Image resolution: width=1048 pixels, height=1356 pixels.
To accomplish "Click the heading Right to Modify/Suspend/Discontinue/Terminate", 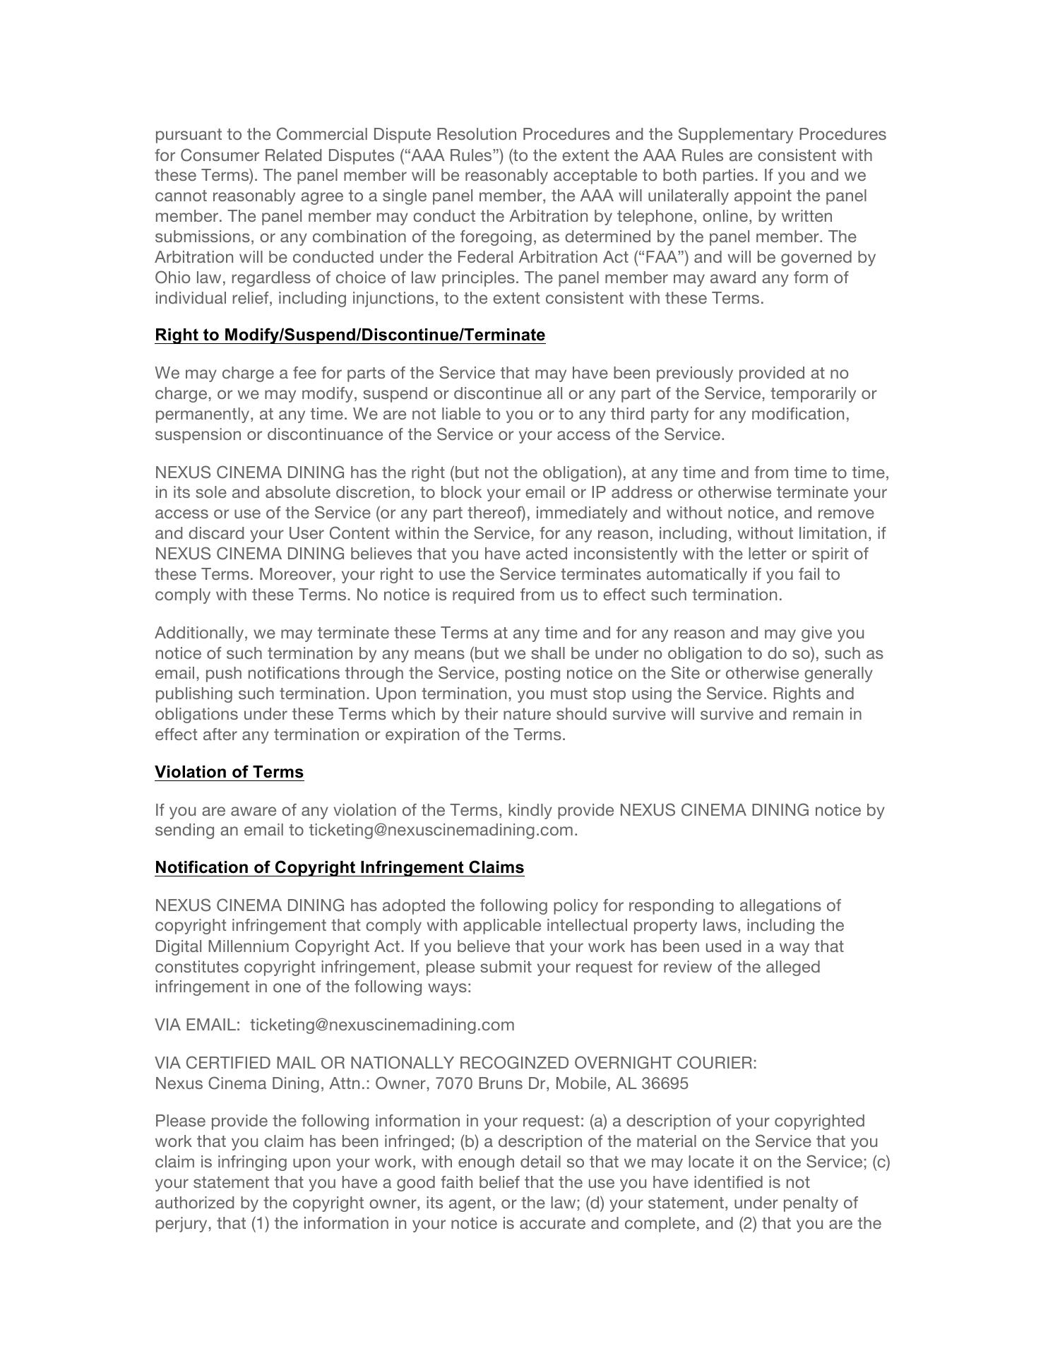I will pyautogui.click(x=350, y=335).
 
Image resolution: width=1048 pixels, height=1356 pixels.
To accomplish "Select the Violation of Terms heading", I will pyautogui.click(x=229, y=772).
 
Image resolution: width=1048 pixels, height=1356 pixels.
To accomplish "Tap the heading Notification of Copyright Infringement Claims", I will pyautogui.click(x=339, y=867).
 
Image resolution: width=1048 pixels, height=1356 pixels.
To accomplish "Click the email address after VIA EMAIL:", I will pyautogui.click(x=382, y=1025).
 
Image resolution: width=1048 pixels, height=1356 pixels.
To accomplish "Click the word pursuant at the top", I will pyautogui.click(x=186, y=134).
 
